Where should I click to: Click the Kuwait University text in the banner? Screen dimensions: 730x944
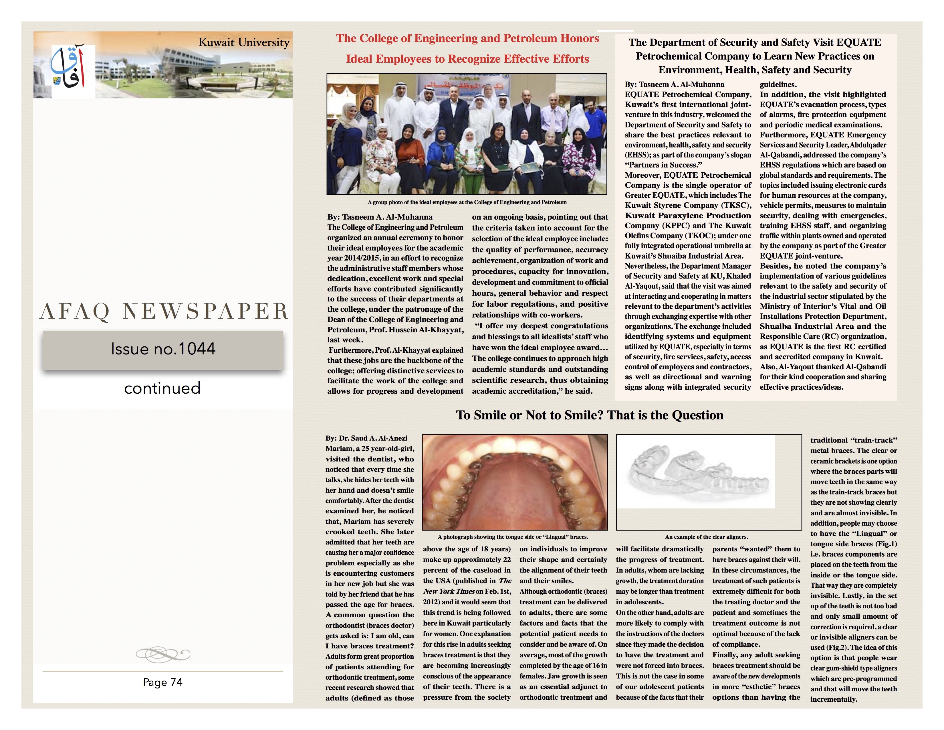coord(244,42)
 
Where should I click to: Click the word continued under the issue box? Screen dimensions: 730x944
coord(162,388)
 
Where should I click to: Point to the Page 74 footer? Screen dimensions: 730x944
coord(162,682)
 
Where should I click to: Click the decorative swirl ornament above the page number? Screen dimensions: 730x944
coord(162,654)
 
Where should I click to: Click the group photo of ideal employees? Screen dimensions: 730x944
coord(467,134)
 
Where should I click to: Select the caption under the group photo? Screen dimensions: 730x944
coord(467,202)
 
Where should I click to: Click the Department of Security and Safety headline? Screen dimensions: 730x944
coord(755,56)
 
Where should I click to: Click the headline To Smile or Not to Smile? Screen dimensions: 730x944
coord(590,415)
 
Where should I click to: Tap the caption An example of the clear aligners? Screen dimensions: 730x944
coord(706,537)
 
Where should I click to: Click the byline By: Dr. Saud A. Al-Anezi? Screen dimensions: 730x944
coord(366,438)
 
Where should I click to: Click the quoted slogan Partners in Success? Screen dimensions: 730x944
coord(663,165)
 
